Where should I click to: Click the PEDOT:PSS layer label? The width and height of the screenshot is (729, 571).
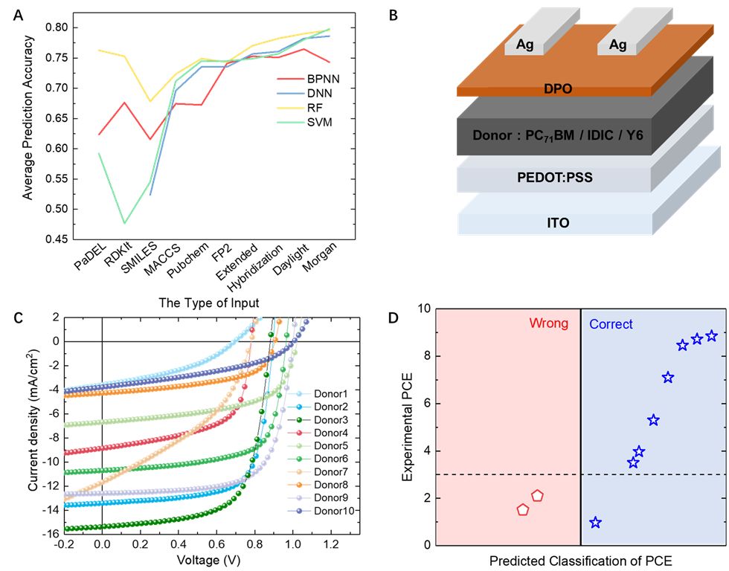[551, 178]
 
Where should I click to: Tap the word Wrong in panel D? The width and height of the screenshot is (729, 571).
[548, 323]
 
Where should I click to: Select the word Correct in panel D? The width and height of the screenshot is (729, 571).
[611, 324]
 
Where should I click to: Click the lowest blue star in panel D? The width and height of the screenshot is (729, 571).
[595, 523]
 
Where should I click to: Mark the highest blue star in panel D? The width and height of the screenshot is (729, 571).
[711, 336]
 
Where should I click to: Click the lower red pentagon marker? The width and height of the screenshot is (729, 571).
[523, 510]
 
